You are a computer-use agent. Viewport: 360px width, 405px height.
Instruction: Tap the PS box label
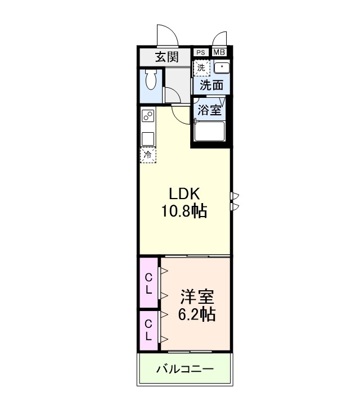(x=201, y=52)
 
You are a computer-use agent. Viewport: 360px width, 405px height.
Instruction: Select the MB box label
(x=219, y=52)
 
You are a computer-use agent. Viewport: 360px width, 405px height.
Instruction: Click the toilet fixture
(x=150, y=81)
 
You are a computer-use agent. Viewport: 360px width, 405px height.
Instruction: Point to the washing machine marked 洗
(x=201, y=67)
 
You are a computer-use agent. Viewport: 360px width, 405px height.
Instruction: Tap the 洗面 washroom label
(x=212, y=85)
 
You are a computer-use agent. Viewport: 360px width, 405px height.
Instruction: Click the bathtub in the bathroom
(x=210, y=132)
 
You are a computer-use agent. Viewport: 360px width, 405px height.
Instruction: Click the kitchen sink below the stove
(x=148, y=138)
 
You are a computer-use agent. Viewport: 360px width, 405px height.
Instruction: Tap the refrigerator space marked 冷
(x=148, y=155)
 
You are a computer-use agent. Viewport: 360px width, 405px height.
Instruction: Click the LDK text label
(x=184, y=194)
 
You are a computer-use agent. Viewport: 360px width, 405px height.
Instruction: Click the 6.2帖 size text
(x=196, y=314)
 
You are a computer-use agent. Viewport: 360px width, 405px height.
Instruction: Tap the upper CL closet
(x=149, y=283)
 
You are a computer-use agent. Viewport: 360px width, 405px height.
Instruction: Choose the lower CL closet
(x=149, y=330)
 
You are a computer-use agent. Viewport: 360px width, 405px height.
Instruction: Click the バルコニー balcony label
(x=184, y=370)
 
